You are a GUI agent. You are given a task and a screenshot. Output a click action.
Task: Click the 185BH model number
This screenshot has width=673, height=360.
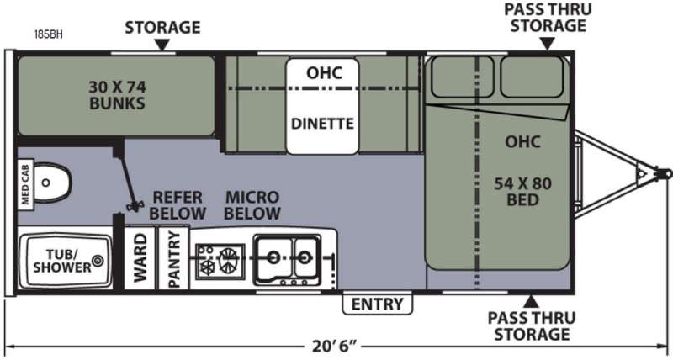point(49,34)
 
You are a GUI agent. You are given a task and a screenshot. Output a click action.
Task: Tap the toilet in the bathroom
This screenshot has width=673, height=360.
point(51,183)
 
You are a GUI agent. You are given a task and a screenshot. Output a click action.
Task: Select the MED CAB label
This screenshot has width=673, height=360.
point(25,184)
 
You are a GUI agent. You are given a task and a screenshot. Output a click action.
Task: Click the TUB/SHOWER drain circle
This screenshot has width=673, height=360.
point(98,260)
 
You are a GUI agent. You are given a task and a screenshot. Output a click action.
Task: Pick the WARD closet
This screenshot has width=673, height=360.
point(140,258)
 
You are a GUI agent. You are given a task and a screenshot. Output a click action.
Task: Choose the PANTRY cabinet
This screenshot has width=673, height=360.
point(174,258)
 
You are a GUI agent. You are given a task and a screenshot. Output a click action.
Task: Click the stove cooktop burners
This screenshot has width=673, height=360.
point(220,262)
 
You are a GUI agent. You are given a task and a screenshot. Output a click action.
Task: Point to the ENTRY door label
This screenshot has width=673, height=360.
point(377,304)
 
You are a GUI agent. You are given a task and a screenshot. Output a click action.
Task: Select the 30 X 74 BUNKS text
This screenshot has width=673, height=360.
point(117,95)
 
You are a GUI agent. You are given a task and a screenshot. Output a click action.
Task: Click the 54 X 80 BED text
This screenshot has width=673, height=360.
point(522,192)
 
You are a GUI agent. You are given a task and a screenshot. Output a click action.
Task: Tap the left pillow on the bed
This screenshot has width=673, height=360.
point(462,77)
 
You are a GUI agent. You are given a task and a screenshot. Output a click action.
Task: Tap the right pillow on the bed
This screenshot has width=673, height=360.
point(532,77)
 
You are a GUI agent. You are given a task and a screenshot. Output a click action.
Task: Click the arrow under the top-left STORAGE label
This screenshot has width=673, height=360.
point(162,45)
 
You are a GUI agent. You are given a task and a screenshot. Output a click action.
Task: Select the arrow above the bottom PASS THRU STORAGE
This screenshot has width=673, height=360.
point(531,301)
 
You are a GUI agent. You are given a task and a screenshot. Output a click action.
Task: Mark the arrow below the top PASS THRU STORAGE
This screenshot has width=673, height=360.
point(547,44)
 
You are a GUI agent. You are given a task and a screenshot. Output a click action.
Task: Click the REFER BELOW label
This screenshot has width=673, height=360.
point(178,205)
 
